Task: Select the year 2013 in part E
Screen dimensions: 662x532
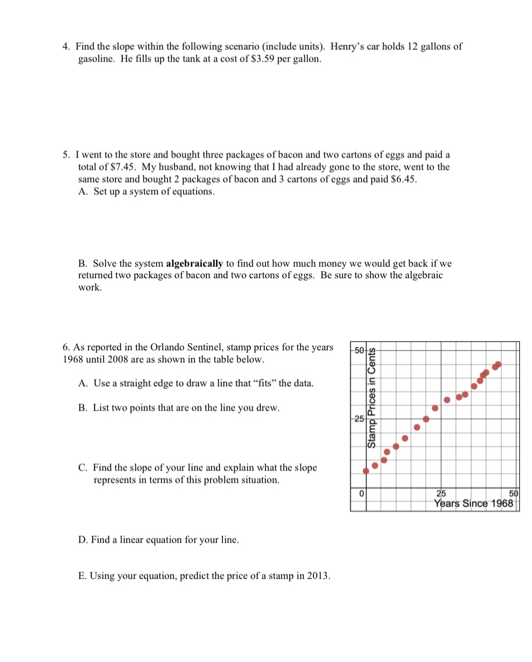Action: (317, 575)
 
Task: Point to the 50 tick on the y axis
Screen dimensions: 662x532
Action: (360, 349)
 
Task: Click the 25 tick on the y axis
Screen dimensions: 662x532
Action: (359, 418)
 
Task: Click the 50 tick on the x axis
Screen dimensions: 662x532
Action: (513, 493)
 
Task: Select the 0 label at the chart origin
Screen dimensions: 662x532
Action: (362, 494)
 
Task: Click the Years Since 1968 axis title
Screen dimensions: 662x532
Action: (474, 503)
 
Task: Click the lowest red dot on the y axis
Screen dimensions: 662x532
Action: (366, 471)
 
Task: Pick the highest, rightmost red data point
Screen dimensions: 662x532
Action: (497, 365)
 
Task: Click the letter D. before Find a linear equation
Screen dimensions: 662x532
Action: (83, 540)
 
